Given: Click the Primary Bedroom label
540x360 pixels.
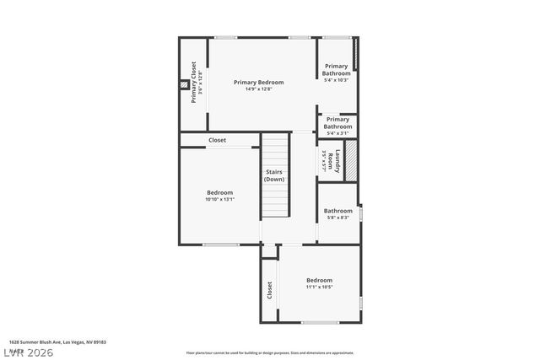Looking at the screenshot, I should (258, 82).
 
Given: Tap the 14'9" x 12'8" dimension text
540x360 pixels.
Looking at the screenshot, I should (258, 89).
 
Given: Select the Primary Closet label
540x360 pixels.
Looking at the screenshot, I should (194, 83).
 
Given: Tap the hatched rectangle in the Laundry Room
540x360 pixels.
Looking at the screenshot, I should (351, 159).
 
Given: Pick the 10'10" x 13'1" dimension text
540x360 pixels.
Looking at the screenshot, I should (219, 200).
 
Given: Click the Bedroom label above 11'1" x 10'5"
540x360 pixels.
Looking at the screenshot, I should (319, 280).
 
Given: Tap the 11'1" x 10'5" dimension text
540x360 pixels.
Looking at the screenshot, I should (319, 287).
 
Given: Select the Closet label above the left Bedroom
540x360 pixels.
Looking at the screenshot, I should (218, 140).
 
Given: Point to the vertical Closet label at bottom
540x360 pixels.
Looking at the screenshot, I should (269, 291).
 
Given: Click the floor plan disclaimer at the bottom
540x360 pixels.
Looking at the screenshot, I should (270, 352).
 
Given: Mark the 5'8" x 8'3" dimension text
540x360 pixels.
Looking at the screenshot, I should (338, 218).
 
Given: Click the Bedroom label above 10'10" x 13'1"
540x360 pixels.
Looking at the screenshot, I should (219, 192).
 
